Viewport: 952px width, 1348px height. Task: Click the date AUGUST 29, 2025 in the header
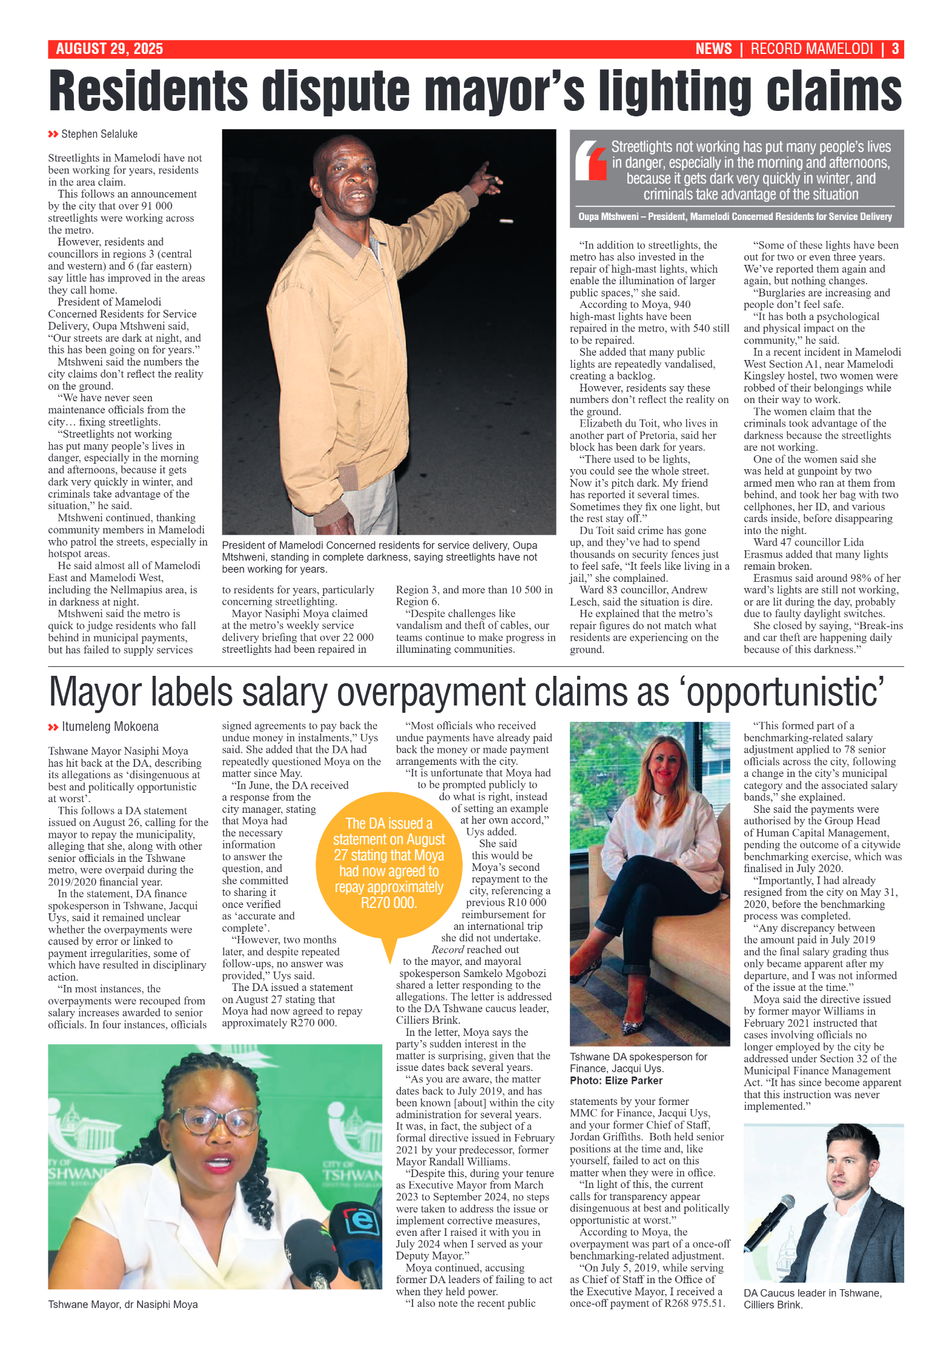109,49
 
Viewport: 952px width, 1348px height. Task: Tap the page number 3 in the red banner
894,49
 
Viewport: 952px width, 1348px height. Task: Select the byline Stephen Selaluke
99,134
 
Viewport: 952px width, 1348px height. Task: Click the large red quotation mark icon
590,160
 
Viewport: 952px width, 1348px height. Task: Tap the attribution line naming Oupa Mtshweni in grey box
735,216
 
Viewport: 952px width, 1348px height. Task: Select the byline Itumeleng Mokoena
110,726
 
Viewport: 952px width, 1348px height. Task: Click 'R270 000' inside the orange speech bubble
388,903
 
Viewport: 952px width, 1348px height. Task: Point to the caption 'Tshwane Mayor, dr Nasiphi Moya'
123,1304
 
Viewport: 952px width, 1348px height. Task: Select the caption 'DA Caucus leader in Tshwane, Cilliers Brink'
812,1299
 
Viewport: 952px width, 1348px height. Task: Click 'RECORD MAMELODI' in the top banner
812,49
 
